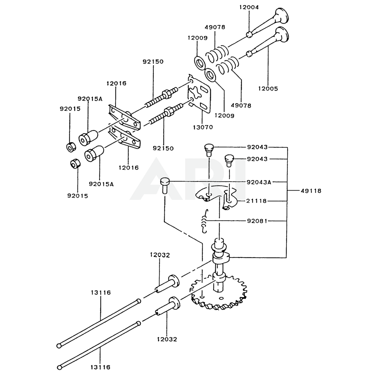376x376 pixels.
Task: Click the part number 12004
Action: (x=249, y=7)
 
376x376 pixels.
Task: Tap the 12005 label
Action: (x=268, y=88)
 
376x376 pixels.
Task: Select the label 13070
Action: (x=203, y=127)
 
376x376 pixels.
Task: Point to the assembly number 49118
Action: (x=311, y=191)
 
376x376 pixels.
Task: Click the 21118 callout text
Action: (x=256, y=201)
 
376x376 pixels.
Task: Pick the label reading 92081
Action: (x=257, y=221)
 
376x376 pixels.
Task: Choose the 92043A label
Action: (x=259, y=182)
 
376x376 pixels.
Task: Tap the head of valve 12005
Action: (x=282, y=34)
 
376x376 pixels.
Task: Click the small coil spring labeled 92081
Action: (x=205, y=221)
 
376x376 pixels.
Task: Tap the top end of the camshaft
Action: (x=219, y=240)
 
